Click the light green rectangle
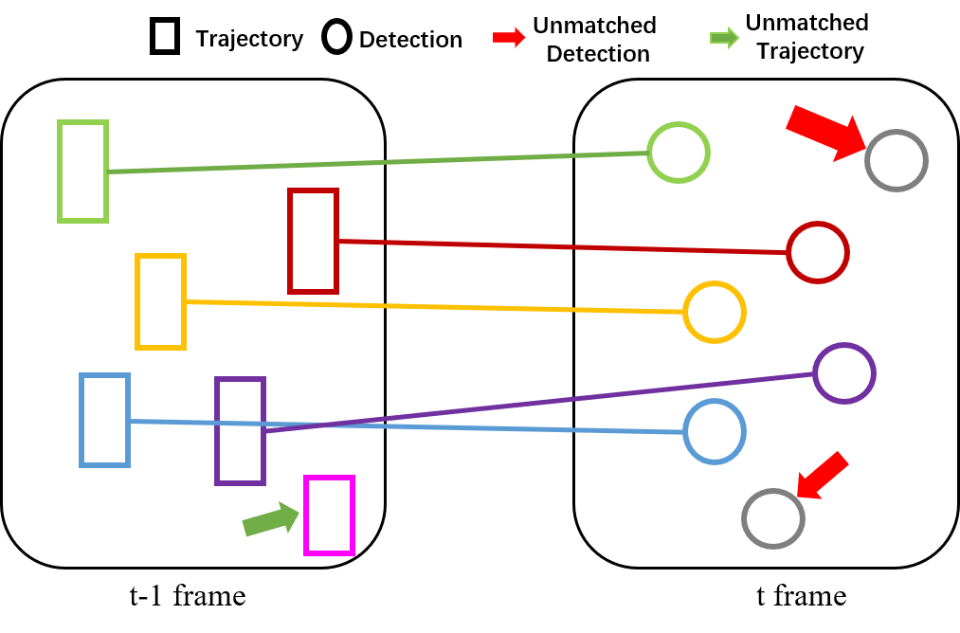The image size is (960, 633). [x=82, y=172]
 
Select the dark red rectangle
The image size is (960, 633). [x=313, y=242]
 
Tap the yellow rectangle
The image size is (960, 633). [x=160, y=301]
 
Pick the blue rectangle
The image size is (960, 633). [x=104, y=420]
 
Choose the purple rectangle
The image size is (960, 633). [x=240, y=431]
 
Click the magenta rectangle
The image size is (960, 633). [x=329, y=515]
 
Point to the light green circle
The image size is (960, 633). [x=679, y=153]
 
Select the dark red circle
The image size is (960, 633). [x=817, y=252]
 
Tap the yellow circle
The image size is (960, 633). [x=715, y=312]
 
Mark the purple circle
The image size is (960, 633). [x=843, y=373]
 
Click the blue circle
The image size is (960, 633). [x=715, y=432]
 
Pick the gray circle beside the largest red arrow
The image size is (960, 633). [x=896, y=160]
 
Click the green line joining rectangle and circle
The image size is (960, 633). [x=379, y=162]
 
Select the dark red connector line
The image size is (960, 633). [x=559, y=246]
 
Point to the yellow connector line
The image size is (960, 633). [x=436, y=306]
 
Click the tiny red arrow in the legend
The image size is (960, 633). [x=508, y=38]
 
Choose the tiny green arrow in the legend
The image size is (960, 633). [x=724, y=38]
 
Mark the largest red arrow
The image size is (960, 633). [x=825, y=132]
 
